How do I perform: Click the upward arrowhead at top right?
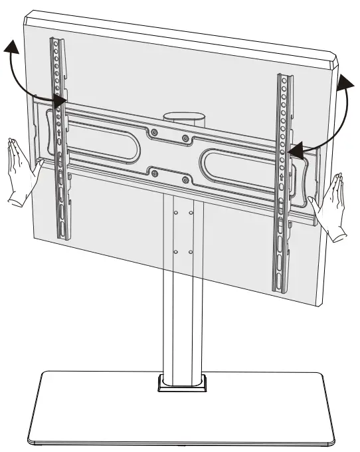(346, 83)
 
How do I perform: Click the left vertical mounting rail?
(60, 140)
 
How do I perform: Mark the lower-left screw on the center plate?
(154, 173)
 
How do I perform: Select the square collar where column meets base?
(181, 384)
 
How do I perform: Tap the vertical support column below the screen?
(181, 299)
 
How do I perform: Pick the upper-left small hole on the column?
(175, 213)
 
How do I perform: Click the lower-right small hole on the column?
(191, 253)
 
